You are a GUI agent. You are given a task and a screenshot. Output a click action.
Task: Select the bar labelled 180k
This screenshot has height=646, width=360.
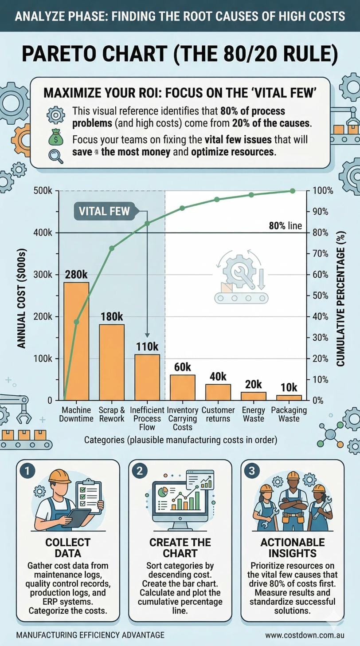111,362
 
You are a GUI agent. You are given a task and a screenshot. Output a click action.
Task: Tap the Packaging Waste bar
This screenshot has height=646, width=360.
289,398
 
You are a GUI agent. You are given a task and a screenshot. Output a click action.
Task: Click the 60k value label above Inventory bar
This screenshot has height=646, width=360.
182,367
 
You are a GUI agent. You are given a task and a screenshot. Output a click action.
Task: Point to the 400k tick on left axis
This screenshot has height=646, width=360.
43,232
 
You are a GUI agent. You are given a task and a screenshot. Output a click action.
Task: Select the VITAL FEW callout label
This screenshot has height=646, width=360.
104,211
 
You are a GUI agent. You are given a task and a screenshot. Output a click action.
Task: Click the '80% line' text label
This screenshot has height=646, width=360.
285,226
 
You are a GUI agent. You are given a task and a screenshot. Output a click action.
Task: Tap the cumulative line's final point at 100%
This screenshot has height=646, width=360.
292,191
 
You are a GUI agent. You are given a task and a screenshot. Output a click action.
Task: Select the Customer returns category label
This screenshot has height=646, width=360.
218,414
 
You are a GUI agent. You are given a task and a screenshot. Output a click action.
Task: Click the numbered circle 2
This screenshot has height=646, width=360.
139,471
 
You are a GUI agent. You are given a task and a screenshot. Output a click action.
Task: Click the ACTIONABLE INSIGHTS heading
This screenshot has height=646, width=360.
292,548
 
